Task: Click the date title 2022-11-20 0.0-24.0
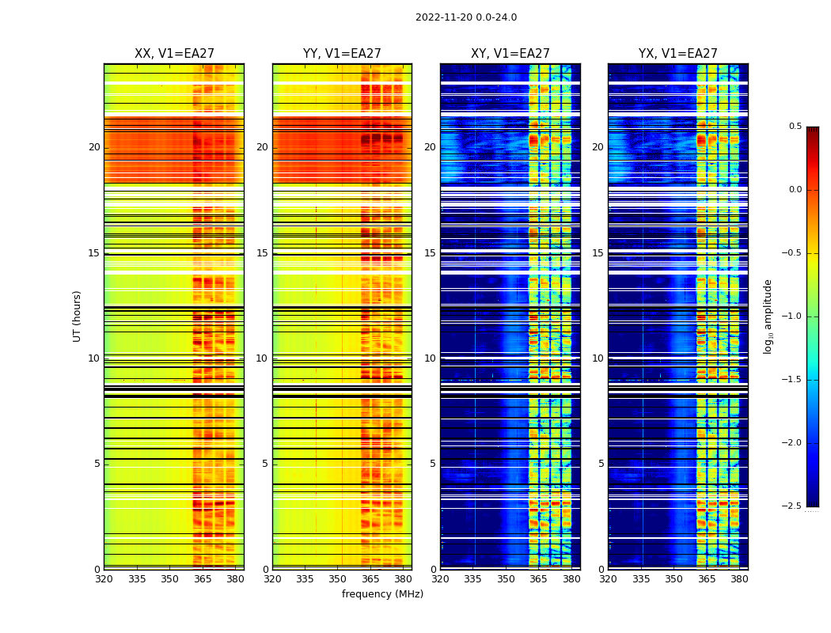coord(465,17)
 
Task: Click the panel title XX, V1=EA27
coord(174,54)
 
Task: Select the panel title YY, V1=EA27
coord(342,54)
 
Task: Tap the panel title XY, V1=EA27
coord(510,54)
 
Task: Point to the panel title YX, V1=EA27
coord(678,54)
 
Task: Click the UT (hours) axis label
coord(77,316)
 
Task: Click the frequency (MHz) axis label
coord(382,594)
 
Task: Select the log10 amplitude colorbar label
coord(768,316)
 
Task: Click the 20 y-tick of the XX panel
coord(94,147)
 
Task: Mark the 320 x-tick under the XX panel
coord(104,579)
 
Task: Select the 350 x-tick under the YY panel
coord(338,579)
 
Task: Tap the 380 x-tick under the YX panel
coord(739,579)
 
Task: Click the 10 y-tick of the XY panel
coord(430,358)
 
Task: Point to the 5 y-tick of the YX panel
coord(601,464)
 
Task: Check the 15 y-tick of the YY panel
coord(262,253)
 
